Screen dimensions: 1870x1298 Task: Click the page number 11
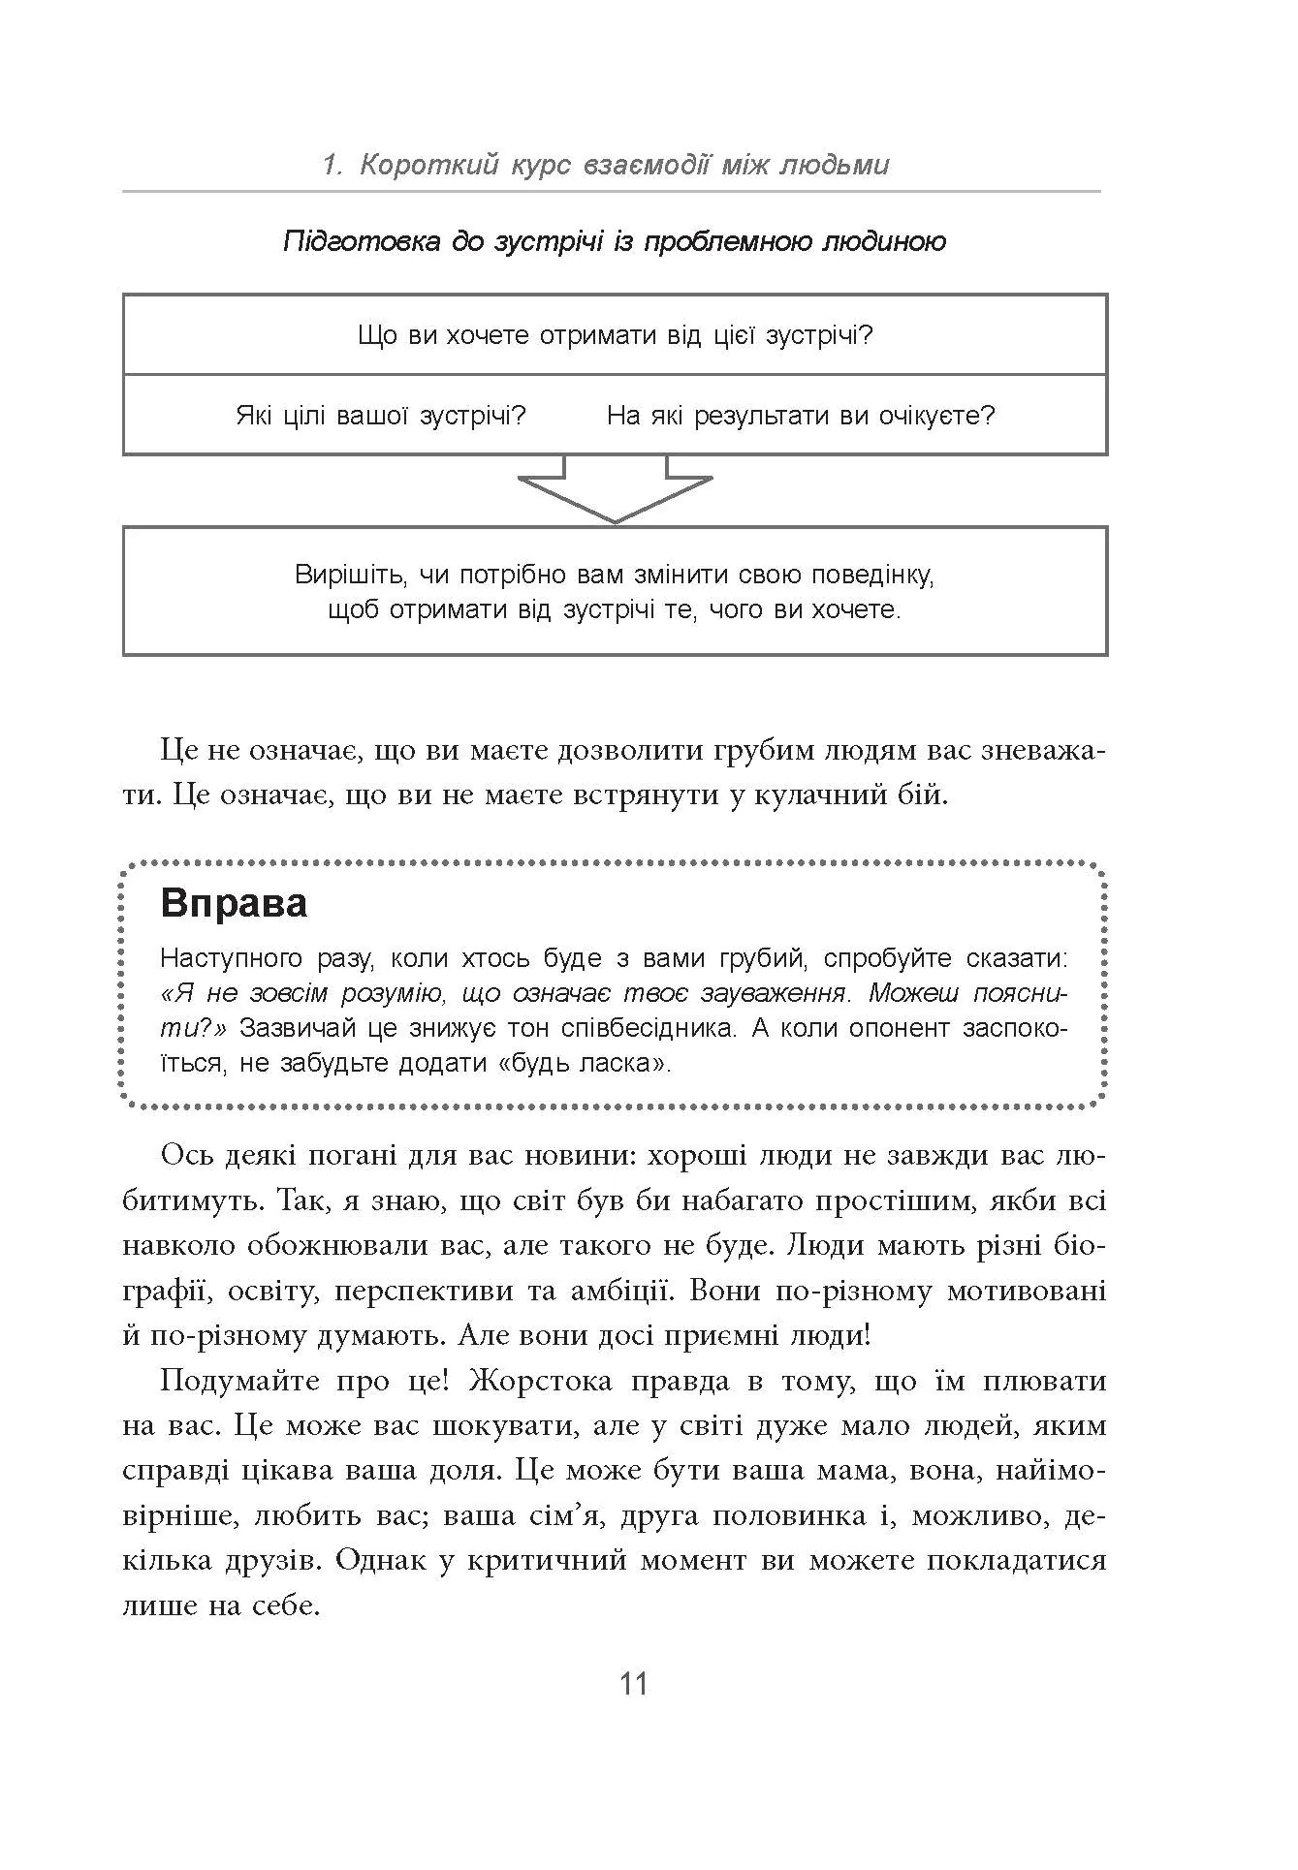point(633,1684)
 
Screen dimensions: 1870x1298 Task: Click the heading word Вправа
point(234,903)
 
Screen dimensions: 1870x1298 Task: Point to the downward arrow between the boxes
point(615,491)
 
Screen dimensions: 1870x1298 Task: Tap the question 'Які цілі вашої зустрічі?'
point(381,416)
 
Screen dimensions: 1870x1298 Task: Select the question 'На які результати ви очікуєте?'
point(801,416)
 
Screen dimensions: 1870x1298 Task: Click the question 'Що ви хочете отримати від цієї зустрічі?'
point(615,335)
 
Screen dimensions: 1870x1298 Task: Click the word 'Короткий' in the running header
point(427,165)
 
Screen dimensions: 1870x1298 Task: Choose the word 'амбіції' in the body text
point(609,1291)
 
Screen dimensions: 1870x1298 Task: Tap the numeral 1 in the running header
point(331,165)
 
